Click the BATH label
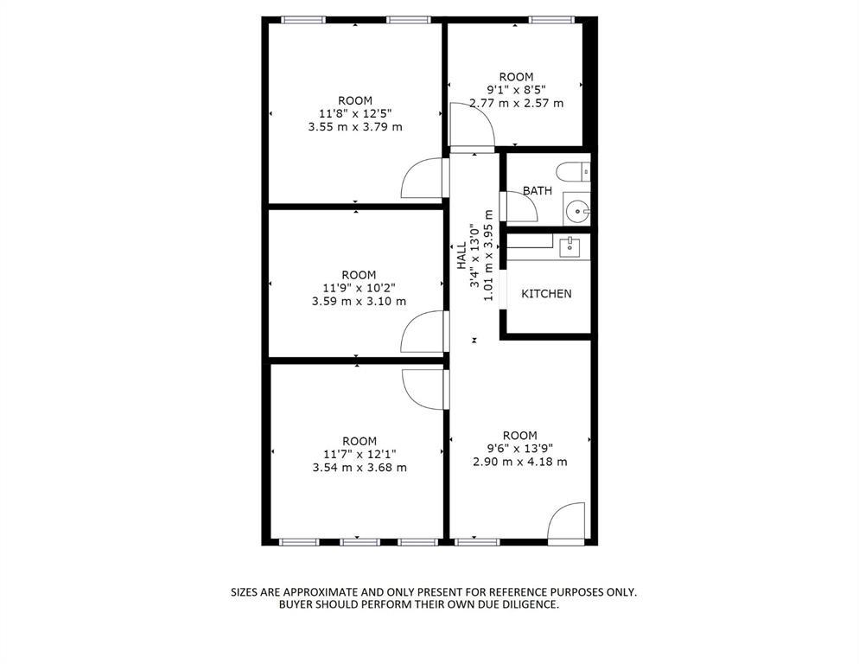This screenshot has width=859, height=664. pos(537,190)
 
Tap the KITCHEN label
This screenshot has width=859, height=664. pos(546,294)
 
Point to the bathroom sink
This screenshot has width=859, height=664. pos(576,208)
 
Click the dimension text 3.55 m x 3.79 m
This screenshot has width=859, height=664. pos(355,126)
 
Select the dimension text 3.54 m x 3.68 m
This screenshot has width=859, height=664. pos(360,468)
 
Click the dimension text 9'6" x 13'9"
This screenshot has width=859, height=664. pos(520,448)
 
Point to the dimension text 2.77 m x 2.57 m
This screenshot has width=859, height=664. pos(516,103)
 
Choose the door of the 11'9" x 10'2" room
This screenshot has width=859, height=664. pos(422,331)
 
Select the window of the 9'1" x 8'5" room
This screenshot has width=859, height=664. pos(551,18)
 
